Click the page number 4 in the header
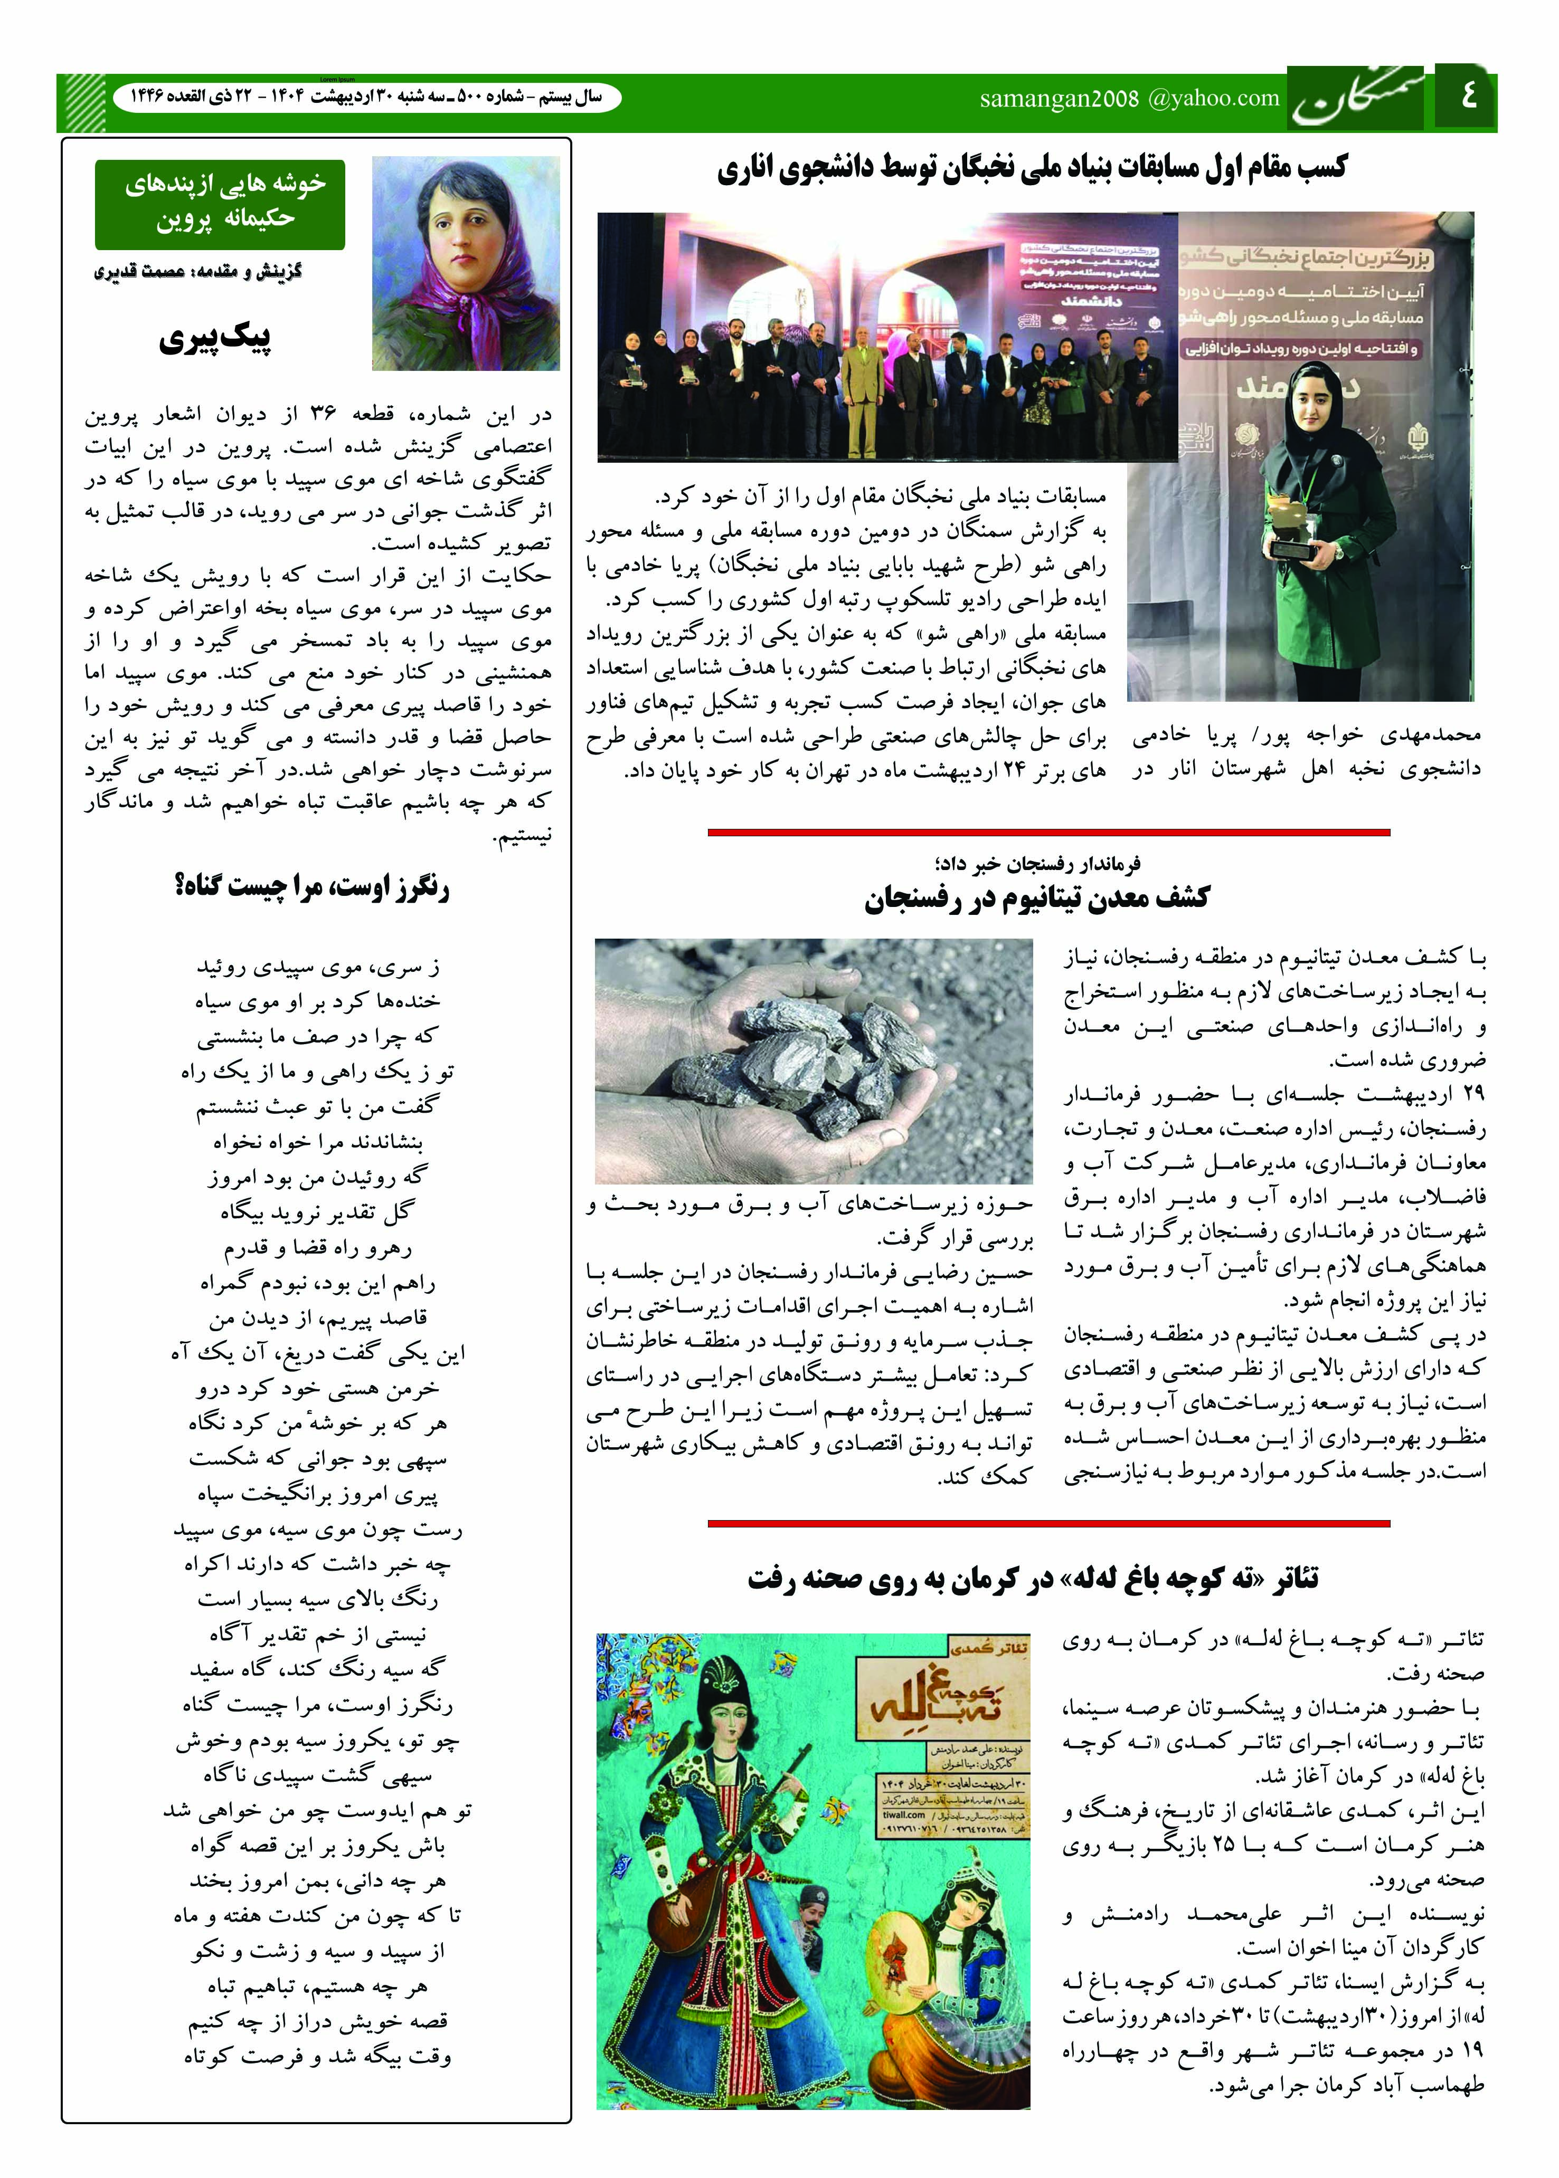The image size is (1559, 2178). [x=1467, y=97]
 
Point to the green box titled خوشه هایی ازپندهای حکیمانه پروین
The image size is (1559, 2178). [x=220, y=204]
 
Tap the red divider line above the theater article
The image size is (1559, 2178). [x=1048, y=1524]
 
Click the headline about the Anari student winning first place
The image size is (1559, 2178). [x=1032, y=169]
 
